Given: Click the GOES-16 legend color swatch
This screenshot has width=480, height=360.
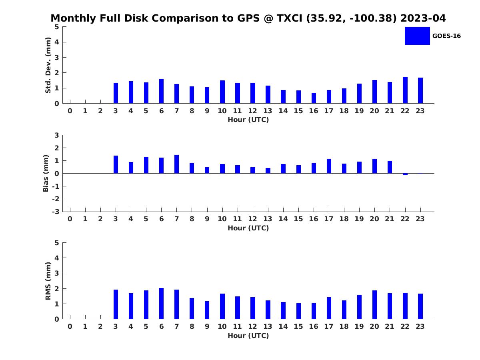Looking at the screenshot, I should pos(417,36).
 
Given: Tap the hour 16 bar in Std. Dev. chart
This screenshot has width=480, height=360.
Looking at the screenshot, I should pos(314,98).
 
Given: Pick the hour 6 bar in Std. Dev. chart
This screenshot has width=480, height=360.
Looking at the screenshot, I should pos(161,91).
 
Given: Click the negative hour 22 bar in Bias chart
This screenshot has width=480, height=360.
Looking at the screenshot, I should pos(405,174).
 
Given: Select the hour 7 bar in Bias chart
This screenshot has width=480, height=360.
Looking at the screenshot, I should pos(176,164).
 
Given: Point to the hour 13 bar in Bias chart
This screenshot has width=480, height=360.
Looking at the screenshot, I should pos(268,171).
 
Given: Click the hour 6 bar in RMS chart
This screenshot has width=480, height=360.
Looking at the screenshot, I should pos(161,304).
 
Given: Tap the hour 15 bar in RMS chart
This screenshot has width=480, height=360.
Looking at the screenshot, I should pos(298,311).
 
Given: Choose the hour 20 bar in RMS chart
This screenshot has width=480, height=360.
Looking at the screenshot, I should pos(374,305).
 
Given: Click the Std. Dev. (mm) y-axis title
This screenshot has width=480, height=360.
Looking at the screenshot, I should pos(48,65).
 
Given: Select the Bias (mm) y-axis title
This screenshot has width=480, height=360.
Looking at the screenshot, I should pos(46,173).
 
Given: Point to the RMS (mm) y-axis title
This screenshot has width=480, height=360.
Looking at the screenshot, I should pos(48,281).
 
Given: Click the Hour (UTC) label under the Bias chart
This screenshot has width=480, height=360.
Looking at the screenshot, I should pos(248,228).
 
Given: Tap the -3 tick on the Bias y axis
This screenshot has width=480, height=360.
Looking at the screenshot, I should pos(56,212).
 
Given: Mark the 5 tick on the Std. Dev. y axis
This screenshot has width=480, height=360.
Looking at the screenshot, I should pos(57,27).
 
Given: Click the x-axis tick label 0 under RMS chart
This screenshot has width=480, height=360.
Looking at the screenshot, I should pos(70,326).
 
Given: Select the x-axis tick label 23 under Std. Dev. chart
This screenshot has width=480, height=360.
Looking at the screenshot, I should pos(420,111).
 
